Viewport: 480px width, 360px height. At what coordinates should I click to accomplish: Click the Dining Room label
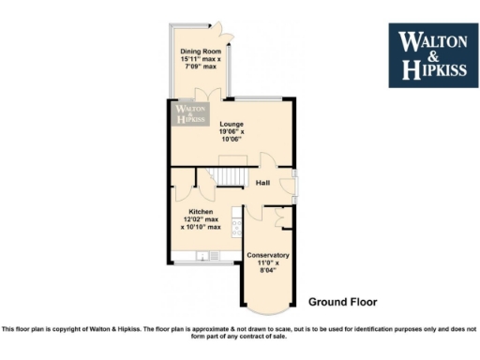tap(202, 52)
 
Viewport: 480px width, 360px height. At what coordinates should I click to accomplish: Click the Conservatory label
tap(267, 255)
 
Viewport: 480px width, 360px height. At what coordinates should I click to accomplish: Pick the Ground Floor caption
tap(342, 302)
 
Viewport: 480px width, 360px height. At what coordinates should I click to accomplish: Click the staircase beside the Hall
tap(226, 176)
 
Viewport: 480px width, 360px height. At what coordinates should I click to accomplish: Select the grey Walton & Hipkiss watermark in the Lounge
tap(190, 114)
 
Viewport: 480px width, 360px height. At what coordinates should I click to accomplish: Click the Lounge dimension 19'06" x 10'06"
tap(231, 136)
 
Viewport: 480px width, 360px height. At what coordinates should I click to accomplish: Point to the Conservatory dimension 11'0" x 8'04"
tap(267, 268)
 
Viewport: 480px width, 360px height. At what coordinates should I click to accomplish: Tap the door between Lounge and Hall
tap(266, 161)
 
